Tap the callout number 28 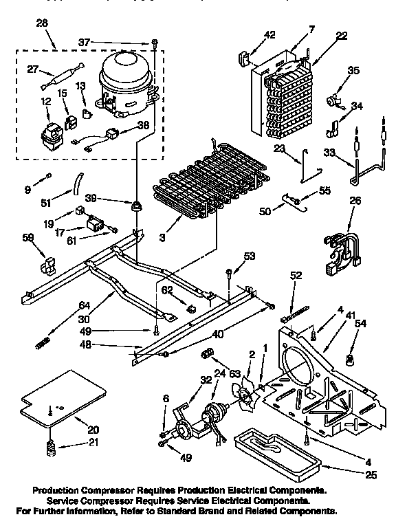(x=42, y=25)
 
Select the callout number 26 (x=355, y=201)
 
